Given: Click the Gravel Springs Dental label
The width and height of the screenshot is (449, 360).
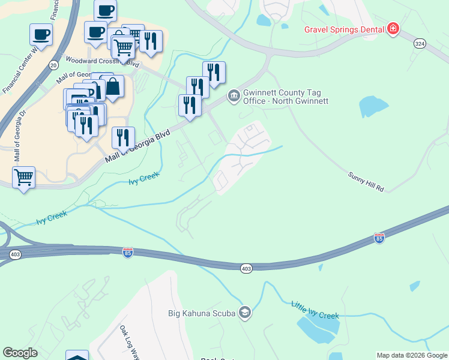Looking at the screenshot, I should [x=345, y=29].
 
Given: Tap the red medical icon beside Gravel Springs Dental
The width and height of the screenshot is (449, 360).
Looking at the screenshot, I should [x=393, y=29].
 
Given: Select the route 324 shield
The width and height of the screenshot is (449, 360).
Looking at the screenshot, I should [x=420, y=43].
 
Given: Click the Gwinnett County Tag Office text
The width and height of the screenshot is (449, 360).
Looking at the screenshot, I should [x=285, y=97].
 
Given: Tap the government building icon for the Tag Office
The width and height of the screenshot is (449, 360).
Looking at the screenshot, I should [x=233, y=96].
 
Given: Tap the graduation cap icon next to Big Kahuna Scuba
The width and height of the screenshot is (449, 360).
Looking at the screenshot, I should [x=245, y=312].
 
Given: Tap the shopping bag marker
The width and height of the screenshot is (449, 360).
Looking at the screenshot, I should [x=112, y=87].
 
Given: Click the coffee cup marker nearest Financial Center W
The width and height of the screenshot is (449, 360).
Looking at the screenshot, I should [x=41, y=34].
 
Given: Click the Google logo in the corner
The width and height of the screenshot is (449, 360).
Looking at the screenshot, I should [x=20, y=353].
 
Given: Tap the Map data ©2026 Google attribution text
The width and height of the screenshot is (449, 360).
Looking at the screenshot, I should [x=412, y=355].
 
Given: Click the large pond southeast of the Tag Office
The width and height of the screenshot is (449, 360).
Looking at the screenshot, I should [x=374, y=106].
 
